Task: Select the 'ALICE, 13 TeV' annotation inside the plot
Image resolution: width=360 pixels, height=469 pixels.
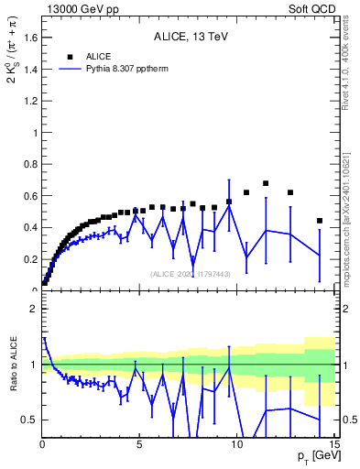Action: point(190,38)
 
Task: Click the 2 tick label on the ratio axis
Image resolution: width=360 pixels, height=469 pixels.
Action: point(35,309)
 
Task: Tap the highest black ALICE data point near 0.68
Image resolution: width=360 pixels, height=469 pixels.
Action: point(266,183)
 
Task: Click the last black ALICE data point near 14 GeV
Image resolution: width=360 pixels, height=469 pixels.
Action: point(319,221)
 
